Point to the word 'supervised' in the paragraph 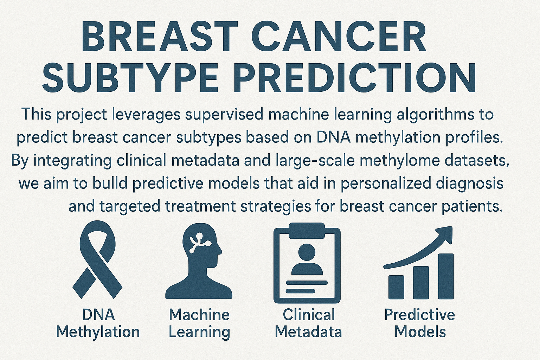(224, 114)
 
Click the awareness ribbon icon (97, 259)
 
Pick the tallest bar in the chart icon (446, 276)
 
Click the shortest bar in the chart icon (396, 287)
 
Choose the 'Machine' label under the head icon (199, 315)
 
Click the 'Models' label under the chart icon (420, 332)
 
